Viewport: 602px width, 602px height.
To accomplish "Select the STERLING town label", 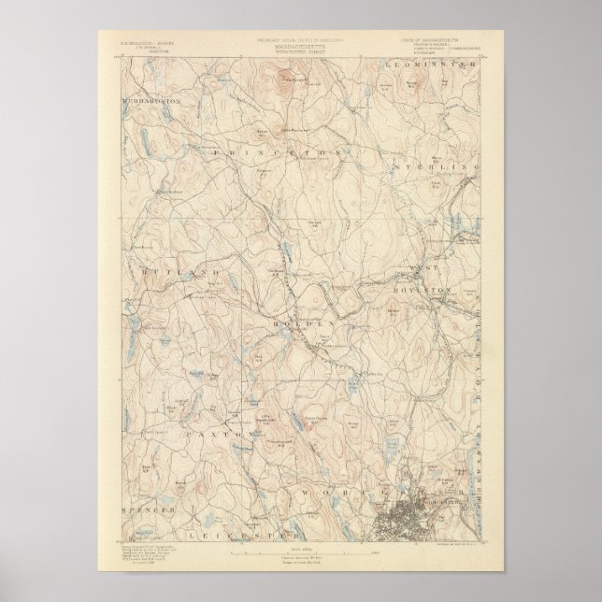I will point(436,165).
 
